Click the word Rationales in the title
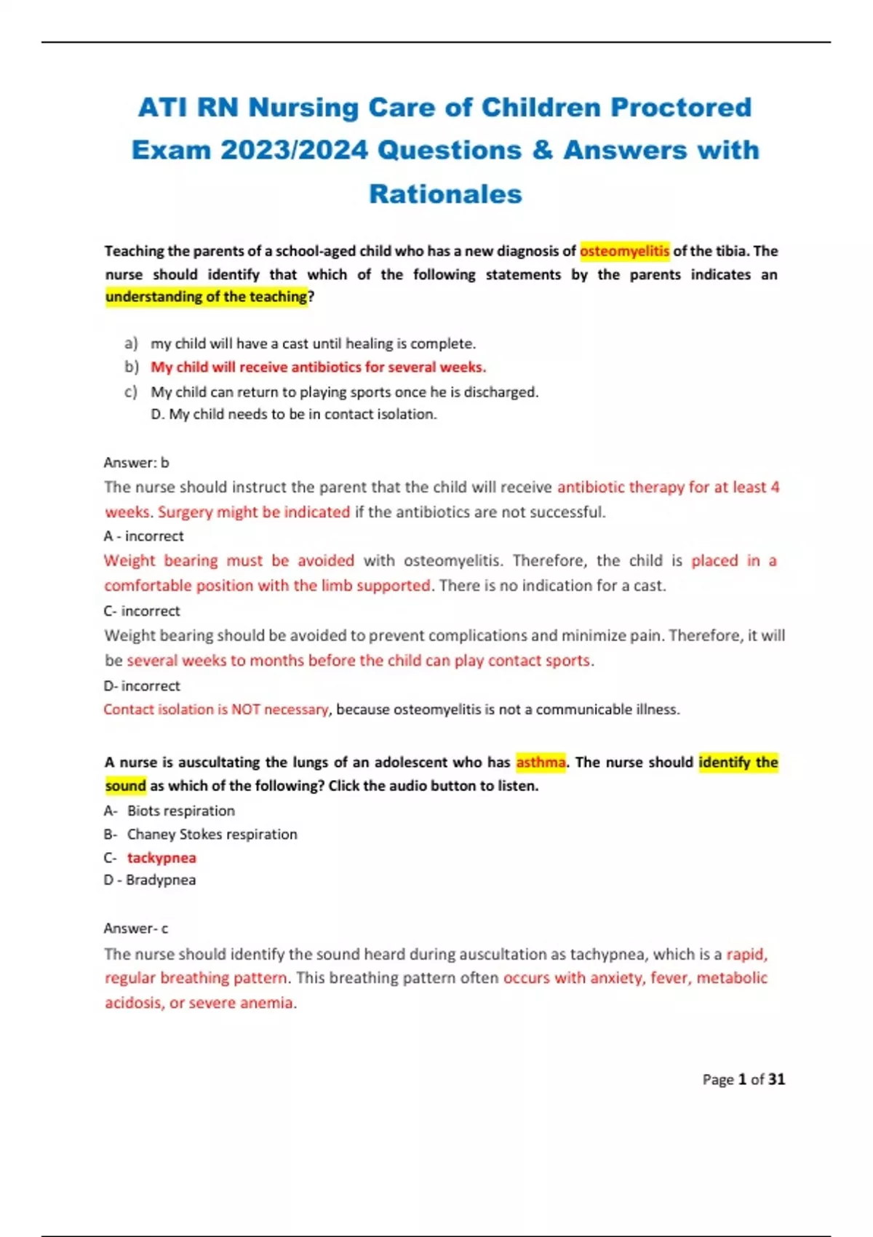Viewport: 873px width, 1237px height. [445, 194]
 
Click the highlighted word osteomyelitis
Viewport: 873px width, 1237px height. [624, 251]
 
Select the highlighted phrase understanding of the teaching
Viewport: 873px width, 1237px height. [207, 297]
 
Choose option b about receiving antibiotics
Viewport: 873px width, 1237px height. [318, 367]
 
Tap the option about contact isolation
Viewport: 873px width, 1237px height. [293, 414]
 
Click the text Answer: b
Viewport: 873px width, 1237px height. [136, 463]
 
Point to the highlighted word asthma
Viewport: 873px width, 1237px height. [541, 763]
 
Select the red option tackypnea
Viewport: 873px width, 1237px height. [162, 858]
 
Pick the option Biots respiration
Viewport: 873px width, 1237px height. [180, 811]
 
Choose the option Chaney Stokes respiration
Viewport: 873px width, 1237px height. [212, 835]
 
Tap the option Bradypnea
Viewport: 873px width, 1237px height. [160, 880]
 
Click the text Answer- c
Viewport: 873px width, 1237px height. [136, 928]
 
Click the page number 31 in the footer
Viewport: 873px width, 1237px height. [776, 1080]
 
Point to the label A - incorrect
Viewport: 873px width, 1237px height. [143, 536]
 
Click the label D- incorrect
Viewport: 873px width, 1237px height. [142, 686]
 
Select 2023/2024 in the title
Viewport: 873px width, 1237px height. [294, 151]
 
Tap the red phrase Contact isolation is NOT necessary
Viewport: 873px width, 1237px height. [216, 709]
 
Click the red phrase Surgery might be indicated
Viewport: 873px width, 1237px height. [254, 512]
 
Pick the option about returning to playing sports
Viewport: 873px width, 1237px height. [344, 392]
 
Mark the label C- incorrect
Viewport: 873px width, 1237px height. [142, 611]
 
